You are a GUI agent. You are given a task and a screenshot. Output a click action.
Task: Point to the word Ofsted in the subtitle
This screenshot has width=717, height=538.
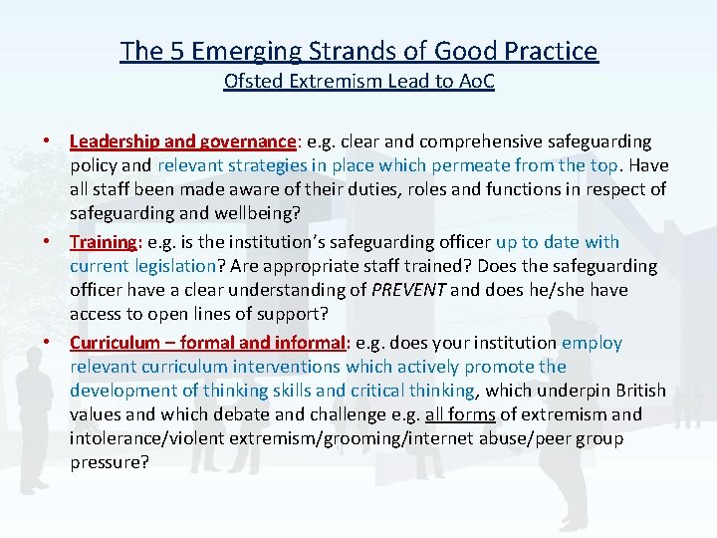pyautogui.click(x=249, y=81)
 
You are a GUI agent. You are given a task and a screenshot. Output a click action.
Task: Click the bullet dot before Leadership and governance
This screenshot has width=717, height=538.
pyautogui.click(x=55, y=141)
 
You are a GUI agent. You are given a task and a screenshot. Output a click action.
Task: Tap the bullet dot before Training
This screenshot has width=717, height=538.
pyautogui.click(x=55, y=242)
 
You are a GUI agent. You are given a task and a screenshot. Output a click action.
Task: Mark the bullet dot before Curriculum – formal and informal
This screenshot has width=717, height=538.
pyautogui.click(x=55, y=343)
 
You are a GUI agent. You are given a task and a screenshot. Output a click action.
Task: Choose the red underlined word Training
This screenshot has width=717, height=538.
pyautogui.click(x=103, y=242)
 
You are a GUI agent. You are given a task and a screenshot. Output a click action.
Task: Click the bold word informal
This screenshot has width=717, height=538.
pyautogui.click(x=306, y=343)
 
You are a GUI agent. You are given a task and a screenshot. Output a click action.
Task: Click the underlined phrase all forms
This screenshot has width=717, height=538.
pyautogui.click(x=484, y=414)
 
